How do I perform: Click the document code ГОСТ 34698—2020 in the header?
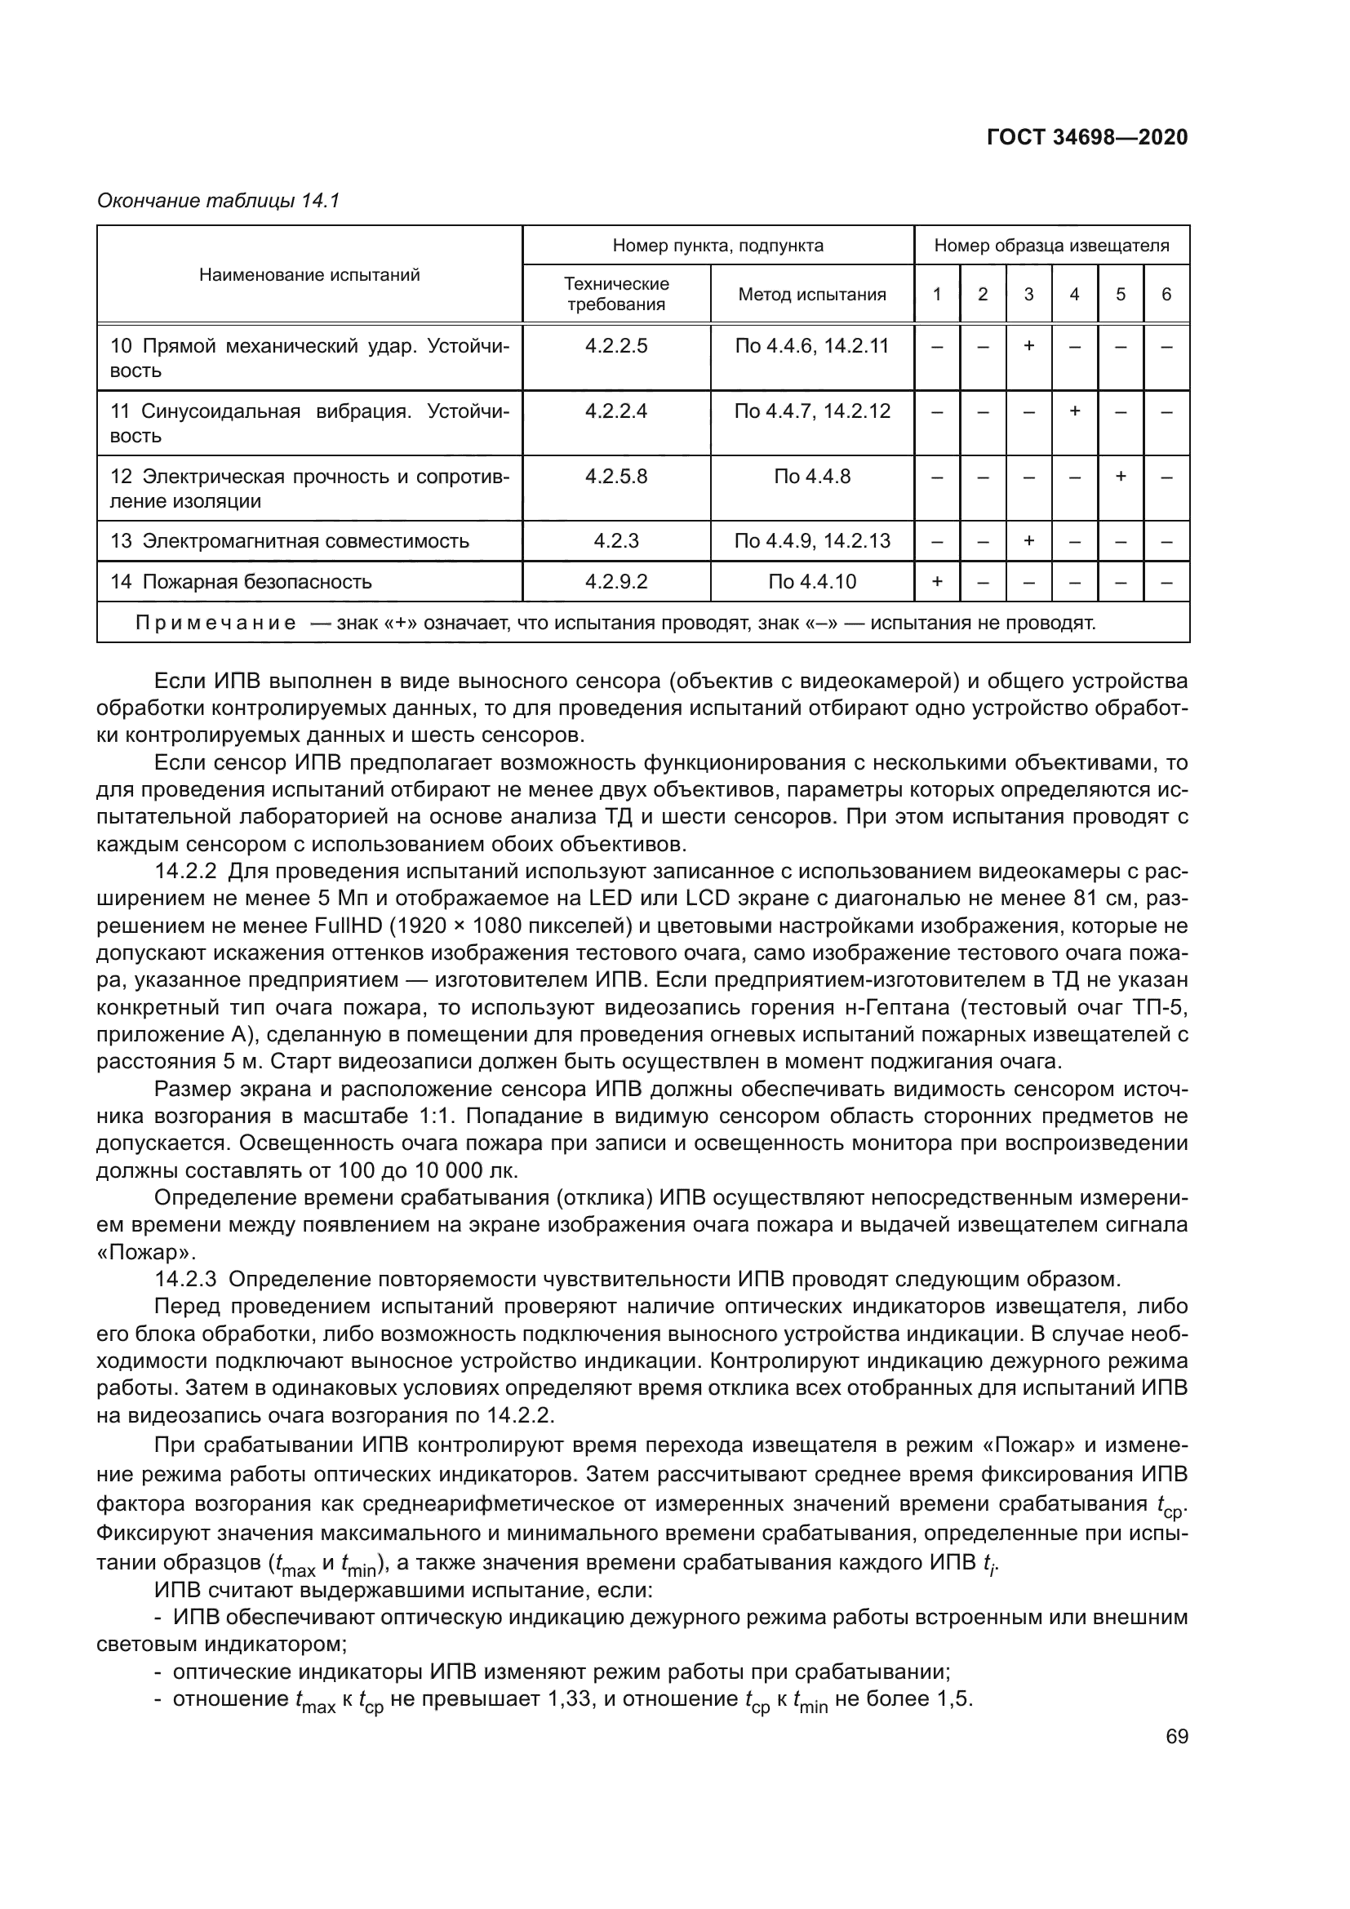tap(1086, 137)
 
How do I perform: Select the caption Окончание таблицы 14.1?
tap(219, 202)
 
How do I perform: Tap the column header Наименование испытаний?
tap(309, 275)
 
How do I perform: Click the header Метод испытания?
tap(811, 295)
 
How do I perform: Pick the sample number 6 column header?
tap(1166, 295)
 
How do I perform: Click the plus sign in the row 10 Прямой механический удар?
tap(1028, 346)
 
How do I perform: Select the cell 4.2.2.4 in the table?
tap(615, 411)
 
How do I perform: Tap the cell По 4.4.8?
tap(811, 477)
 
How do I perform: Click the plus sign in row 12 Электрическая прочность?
tap(1120, 477)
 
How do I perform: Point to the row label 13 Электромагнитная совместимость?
tap(290, 541)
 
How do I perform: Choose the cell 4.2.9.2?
tap(615, 582)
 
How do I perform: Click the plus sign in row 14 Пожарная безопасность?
tap(937, 582)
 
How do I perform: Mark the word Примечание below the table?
tap(215, 624)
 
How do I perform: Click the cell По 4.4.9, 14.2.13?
tap(811, 541)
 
